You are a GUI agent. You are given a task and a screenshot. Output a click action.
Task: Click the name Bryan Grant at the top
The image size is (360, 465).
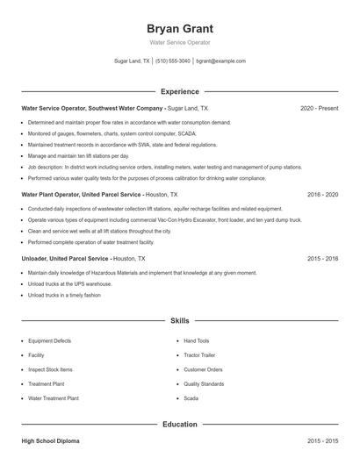[x=180, y=28]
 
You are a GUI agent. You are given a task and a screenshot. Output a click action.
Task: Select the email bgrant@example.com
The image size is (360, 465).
[x=220, y=61]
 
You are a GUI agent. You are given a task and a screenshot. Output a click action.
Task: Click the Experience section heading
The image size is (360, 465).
[x=180, y=91]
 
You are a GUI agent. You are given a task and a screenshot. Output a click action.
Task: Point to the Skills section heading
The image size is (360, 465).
[x=180, y=322]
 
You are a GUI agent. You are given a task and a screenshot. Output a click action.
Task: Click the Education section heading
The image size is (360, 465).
[x=180, y=425]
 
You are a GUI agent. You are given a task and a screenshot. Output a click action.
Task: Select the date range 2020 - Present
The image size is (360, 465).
[x=319, y=108]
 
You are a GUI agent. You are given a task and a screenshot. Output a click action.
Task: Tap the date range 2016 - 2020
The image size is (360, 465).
[x=322, y=194]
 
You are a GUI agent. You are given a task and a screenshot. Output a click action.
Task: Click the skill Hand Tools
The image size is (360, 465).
[x=197, y=340]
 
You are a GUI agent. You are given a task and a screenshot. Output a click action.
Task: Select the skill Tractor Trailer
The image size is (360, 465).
[x=201, y=355]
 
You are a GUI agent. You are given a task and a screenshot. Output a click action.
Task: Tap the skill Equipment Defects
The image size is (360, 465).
[x=49, y=340]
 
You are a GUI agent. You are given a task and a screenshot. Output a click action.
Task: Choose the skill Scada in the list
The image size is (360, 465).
[x=191, y=398]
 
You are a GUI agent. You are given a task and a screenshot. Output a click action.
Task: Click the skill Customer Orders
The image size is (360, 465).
[x=203, y=369]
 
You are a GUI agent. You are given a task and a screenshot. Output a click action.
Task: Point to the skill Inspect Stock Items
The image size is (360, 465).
[x=50, y=369]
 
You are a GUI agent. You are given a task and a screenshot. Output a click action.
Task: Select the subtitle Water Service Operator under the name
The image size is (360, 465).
[x=180, y=43]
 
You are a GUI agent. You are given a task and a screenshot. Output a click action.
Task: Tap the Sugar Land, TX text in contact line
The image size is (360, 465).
[x=132, y=61]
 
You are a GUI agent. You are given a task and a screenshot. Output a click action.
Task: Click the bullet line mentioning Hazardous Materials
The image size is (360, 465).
[x=142, y=273]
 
